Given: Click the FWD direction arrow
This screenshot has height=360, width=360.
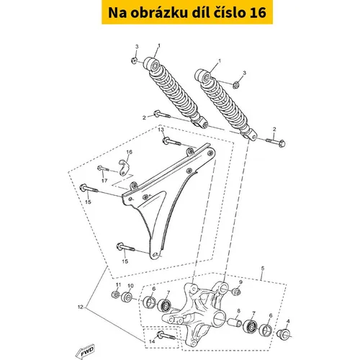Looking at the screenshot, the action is point(85,351).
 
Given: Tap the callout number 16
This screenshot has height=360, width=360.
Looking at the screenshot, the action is point(129,152).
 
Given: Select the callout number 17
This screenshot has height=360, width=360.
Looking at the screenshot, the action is point(104,181).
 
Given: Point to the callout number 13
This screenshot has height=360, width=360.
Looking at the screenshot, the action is point(161,130).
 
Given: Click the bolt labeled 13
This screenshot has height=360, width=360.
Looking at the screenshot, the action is point(172,141).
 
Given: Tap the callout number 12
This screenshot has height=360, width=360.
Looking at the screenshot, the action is point(80,307).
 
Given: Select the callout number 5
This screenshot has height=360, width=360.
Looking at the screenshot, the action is point(263,268).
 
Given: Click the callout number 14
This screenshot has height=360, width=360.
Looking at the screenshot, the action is point(152,341).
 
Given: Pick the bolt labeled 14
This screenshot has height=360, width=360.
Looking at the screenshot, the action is point(166,336).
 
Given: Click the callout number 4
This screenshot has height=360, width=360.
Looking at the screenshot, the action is point(288,321).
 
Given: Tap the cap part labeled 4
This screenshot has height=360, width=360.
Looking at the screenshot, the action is point(283,335).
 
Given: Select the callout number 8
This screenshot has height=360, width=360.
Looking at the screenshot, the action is point(238,311).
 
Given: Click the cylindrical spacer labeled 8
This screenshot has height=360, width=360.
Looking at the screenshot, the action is point(235,322).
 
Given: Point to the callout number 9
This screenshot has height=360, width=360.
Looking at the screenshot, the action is point(240,282).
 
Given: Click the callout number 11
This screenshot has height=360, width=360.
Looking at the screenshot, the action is point(118,284).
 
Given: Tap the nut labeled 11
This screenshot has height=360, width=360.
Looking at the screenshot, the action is point(116,294).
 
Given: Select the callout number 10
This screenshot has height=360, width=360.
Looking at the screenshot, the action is point(130,286).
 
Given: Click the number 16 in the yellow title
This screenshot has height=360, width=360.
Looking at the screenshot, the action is point(258,12).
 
